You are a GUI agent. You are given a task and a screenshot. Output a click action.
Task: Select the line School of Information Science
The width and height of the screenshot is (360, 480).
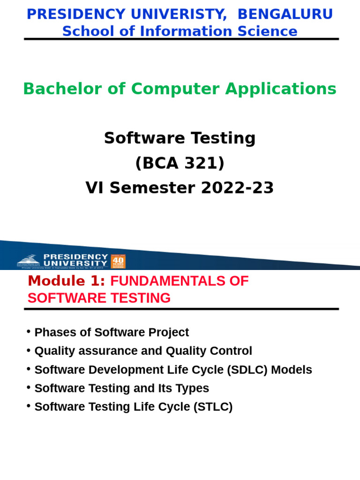click(x=180, y=31)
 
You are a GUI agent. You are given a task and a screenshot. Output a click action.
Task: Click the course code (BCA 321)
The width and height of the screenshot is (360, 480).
click(x=180, y=163)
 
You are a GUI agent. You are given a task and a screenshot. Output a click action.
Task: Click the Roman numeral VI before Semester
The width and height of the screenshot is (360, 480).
click(x=94, y=188)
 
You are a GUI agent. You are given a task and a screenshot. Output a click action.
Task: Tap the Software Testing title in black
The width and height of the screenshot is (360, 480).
click(x=180, y=138)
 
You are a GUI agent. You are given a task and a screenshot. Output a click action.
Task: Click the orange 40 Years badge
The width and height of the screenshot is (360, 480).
click(x=118, y=261)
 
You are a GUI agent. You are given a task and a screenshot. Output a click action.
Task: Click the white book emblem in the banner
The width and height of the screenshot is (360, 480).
click(x=29, y=260)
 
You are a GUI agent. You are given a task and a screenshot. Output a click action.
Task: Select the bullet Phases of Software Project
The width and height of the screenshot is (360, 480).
click(x=112, y=332)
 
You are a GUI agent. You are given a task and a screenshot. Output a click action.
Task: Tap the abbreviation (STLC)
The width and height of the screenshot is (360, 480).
click(x=213, y=407)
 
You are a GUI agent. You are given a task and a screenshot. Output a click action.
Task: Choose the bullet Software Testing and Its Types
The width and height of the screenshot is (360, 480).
click(x=121, y=388)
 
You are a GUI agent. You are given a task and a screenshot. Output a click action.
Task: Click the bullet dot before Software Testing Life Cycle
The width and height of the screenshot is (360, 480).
click(x=29, y=406)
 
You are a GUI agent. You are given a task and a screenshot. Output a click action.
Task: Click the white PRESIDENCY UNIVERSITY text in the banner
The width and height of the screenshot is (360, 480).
click(x=75, y=260)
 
